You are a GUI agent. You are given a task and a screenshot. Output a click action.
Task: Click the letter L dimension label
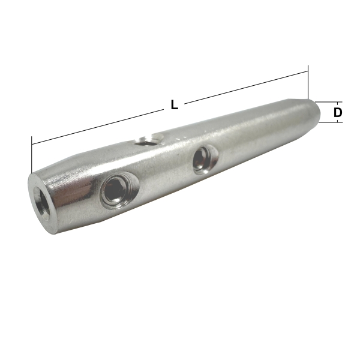coord(174,105)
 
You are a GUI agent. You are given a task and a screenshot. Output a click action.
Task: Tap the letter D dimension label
coord(338,112)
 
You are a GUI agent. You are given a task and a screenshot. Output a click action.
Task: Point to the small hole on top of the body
coord(145,142)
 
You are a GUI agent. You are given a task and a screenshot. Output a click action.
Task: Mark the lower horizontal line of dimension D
coord(330,122)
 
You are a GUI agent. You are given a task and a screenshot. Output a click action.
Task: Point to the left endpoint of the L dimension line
coord(32,144)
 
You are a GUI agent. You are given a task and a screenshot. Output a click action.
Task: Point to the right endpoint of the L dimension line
coord(308,72)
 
